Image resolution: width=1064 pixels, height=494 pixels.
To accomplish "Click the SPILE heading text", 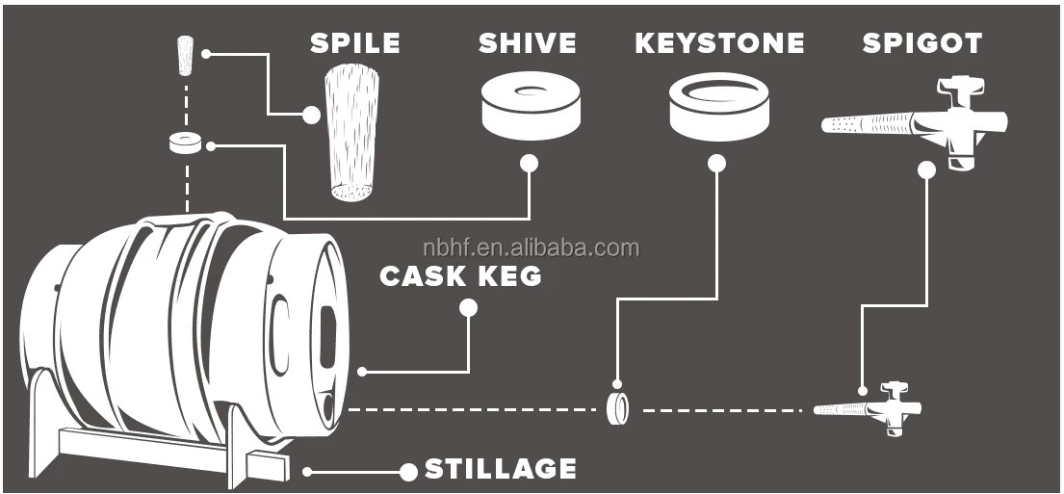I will (x=354, y=43).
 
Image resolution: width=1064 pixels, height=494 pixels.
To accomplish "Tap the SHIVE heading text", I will (x=528, y=43).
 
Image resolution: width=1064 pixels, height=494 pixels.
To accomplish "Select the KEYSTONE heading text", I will (x=719, y=43).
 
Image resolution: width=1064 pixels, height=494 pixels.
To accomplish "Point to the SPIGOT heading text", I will (x=921, y=43).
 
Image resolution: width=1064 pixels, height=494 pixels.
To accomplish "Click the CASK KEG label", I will (x=460, y=276).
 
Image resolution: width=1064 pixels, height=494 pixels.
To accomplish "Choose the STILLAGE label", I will (x=501, y=470).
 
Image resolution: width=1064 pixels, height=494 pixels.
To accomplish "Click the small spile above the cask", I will (x=186, y=55).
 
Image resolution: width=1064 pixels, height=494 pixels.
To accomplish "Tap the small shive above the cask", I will (x=185, y=143).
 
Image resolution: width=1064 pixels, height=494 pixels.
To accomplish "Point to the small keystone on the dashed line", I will (x=618, y=408).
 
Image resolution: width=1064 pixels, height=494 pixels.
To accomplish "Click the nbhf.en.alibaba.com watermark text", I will (x=532, y=248).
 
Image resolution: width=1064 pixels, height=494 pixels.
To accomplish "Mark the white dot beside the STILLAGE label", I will (x=408, y=472).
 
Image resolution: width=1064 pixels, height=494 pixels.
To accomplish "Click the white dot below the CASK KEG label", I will (x=469, y=308).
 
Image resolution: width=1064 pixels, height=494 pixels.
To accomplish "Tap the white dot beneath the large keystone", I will (x=716, y=163).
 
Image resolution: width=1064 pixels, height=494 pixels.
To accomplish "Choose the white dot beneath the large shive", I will (x=529, y=163).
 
